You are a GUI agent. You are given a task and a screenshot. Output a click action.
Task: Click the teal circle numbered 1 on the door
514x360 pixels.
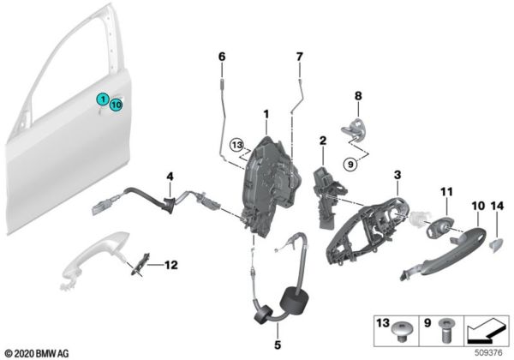[102, 99]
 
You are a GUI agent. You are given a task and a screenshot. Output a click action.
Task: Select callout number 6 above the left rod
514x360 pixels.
[221, 57]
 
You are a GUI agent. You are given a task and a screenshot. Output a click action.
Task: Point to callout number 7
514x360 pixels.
[299, 57]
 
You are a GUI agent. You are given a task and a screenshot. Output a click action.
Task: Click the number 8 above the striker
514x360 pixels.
[359, 96]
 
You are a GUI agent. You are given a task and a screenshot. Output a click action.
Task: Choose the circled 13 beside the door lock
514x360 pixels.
[237, 145]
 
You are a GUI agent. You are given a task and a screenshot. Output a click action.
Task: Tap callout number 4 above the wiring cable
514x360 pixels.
[170, 177]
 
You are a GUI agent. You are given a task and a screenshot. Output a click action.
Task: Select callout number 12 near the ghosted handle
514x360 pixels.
[171, 264]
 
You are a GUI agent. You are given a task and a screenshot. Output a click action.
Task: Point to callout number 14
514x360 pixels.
[498, 207]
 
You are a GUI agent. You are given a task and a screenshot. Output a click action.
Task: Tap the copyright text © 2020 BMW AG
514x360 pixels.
[40, 352]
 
